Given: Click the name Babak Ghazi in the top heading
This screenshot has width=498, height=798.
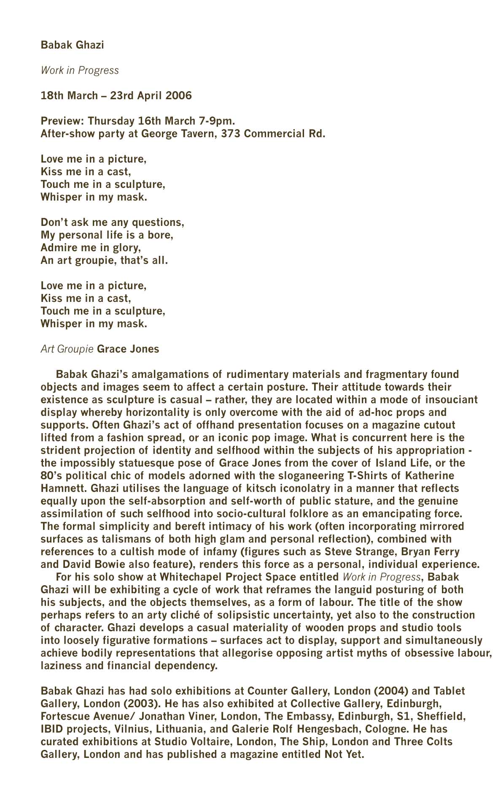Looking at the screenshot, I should point(72,45).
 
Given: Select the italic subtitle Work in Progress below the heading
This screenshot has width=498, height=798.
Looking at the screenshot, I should point(80,70).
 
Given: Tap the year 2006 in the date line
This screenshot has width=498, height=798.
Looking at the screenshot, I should point(178,95).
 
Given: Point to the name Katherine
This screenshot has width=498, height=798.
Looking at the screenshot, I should point(429,475).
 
